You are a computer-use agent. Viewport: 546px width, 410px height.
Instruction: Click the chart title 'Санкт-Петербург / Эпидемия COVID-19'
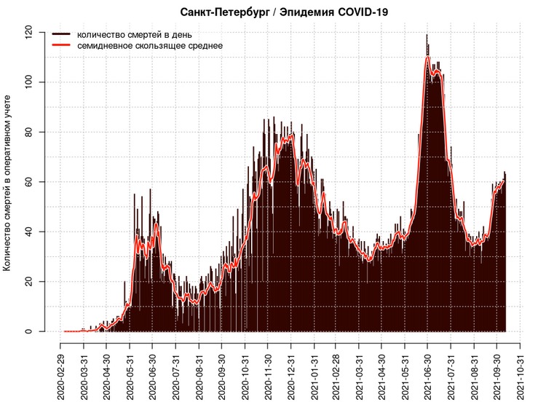coord(283,12)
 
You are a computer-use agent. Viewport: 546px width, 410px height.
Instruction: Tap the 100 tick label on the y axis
coord(28,82)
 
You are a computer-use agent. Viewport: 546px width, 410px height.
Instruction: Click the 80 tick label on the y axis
coord(28,132)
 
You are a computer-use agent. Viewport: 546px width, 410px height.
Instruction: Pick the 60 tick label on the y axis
coord(28,182)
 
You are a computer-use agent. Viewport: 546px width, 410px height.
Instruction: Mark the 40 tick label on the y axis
coord(28,232)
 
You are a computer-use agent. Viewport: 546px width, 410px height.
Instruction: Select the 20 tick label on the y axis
coord(28,282)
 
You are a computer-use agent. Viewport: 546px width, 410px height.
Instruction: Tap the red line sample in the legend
coord(62,45)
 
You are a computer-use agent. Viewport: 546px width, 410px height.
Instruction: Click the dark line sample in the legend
coord(62,34)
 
